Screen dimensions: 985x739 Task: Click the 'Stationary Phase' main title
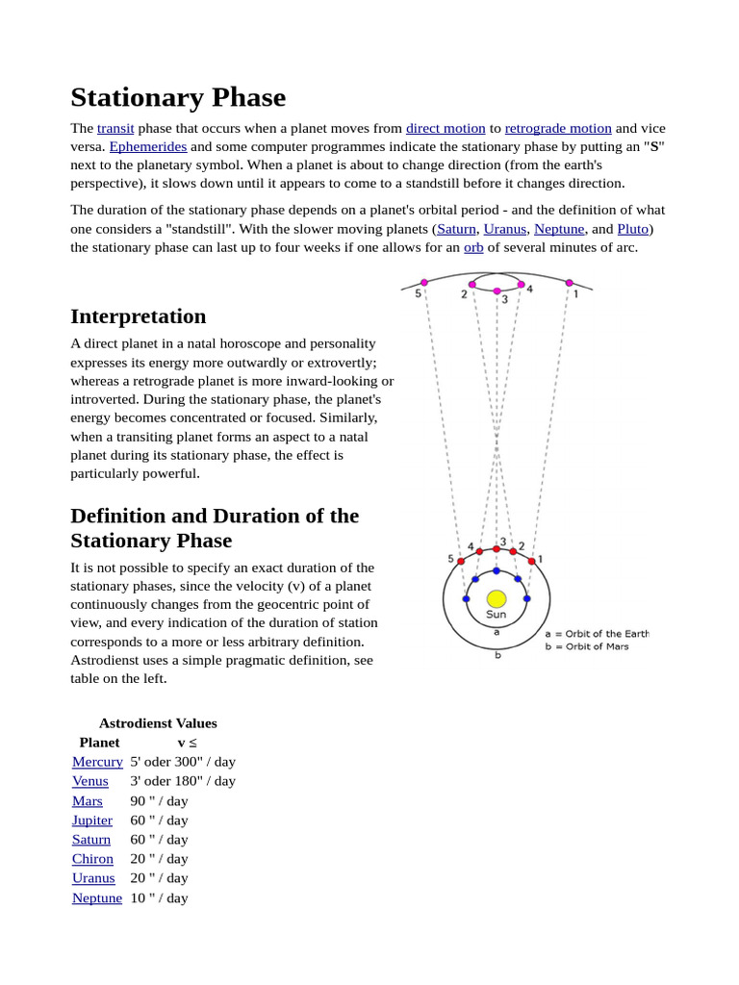pos(178,97)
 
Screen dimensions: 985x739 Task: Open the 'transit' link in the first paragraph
pos(115,128)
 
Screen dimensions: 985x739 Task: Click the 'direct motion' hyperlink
pos(446,128)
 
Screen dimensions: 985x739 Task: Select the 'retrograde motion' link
pos(558,128)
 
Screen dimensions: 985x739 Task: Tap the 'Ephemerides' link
pos(147,146)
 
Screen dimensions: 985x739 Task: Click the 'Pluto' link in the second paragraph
pos(632,229)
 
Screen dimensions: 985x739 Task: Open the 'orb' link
pos(473,247)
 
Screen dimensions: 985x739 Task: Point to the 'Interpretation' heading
pos(138,316)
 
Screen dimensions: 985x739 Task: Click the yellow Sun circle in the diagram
pos(497,598)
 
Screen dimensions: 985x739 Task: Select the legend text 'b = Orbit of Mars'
pos(586,646)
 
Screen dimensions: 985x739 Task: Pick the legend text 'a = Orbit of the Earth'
pos(597,634)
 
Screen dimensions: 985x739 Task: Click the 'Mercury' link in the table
pos(97,762)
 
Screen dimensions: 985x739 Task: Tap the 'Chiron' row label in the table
pos(92,859)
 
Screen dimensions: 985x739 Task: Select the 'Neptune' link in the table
pos(97,897)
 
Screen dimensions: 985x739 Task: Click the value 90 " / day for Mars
pos(159,800)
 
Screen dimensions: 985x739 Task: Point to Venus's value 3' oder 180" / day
pos(183,781)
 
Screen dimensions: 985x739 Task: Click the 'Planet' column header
pos(99,743)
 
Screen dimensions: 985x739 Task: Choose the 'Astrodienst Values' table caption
pos(158,723)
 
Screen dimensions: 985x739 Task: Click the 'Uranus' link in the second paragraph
pos(504,229)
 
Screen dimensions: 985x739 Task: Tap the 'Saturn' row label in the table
pos(91,840)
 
